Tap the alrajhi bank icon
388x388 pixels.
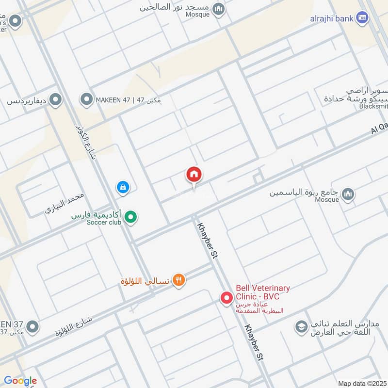pos(361,18)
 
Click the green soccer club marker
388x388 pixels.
pos(130,218)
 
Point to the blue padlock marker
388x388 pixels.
pos(123,187)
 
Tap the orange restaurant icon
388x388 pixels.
pos(179,280)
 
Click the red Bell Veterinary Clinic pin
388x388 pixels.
pos(226,297)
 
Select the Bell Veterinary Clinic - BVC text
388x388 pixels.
pos(262,292)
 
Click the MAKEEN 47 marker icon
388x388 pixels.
pos(87,100)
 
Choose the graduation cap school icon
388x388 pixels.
pos(301,327)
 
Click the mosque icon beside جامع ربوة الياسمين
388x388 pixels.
pos(347,195)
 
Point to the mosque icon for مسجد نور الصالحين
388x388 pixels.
pos(219,9)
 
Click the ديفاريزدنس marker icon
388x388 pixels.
pos(56,101)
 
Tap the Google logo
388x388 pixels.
pos(20,381)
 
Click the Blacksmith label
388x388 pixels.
pos(373,106)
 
